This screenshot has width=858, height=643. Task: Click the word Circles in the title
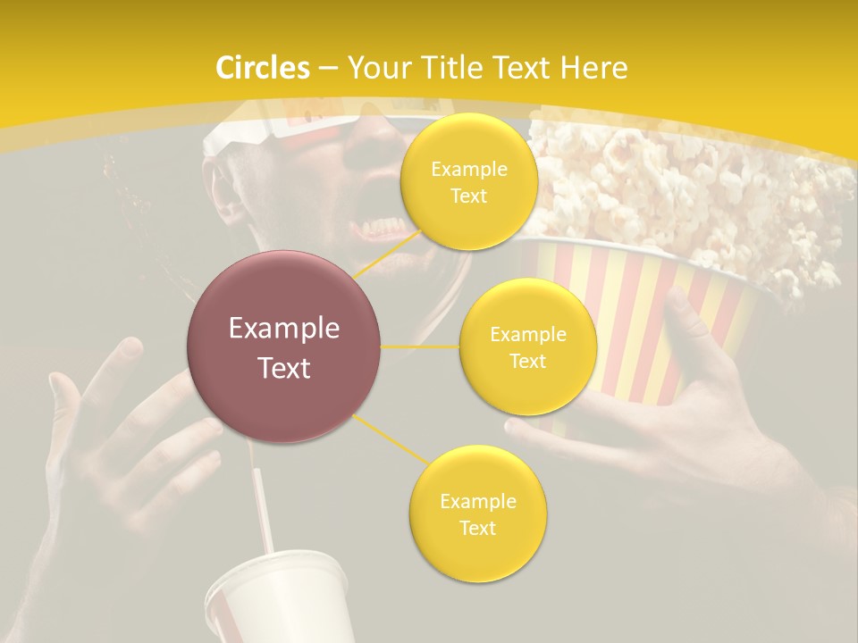[x=263, y=68]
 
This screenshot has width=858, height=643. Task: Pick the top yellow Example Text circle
[x=468, y=181]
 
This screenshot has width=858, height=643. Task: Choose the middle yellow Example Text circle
[x=527, y=347]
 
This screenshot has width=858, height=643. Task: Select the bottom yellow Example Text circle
[x=477, y=514]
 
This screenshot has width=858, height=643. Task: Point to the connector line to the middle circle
[x=419, y=346]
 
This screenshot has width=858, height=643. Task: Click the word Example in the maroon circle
[x=283, y=329]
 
